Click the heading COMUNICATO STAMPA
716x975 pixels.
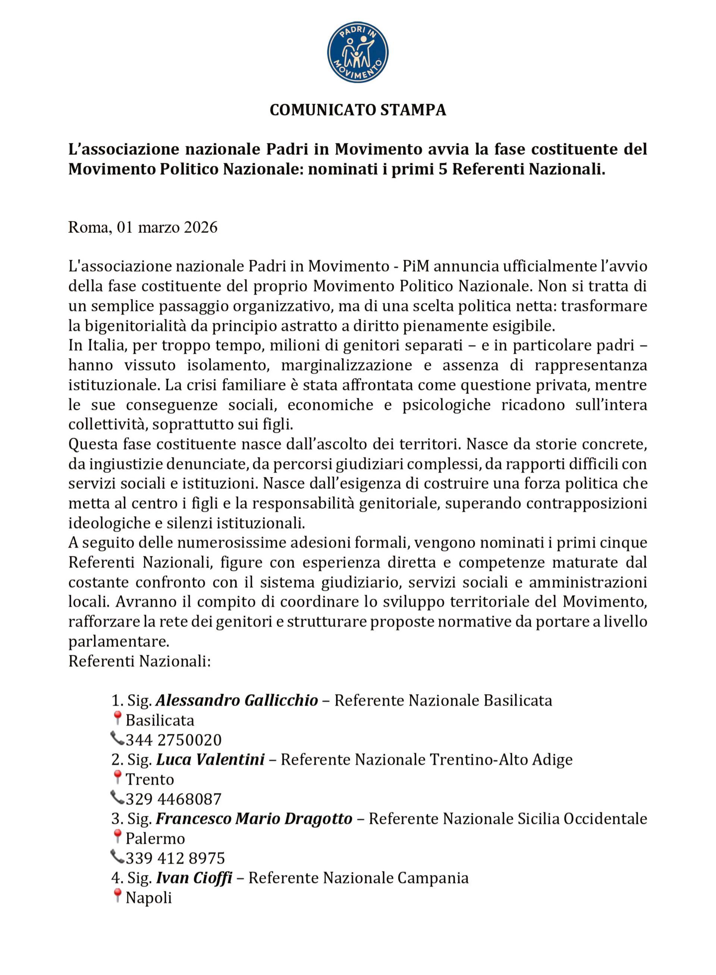[358, 110]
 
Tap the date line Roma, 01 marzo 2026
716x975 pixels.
[142, 227]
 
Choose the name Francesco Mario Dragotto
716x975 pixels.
[254, 818]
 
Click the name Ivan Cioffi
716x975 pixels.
[194, 878]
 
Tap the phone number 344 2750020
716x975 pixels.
[173, 740]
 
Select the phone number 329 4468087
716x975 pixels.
[173, 799]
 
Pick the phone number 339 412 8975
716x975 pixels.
[175, 858]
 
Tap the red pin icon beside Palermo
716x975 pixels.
[117, 837]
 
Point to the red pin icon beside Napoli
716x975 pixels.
[117, 896]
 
